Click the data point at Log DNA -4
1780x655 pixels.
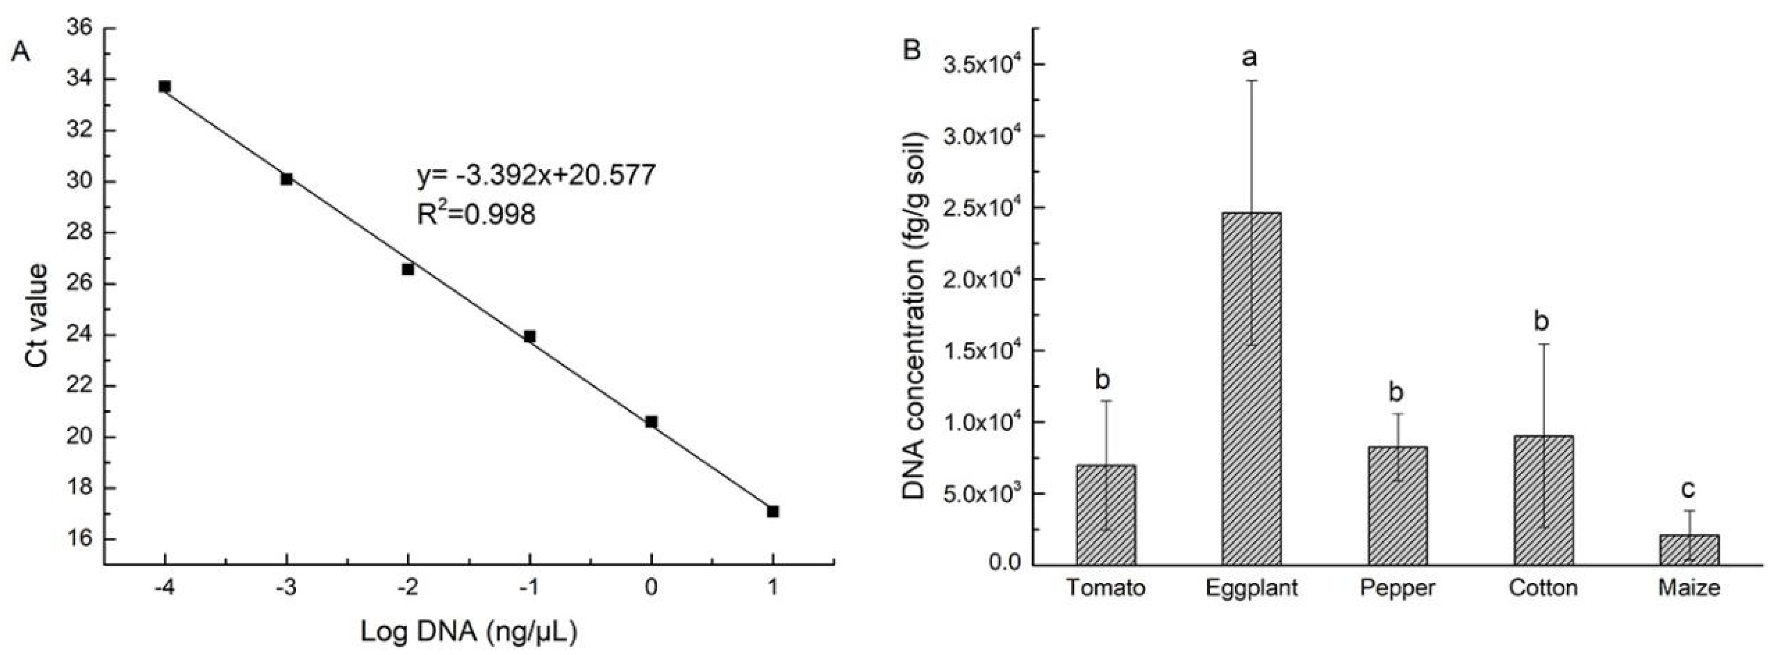click(x=164, y=86)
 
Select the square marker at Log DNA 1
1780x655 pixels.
click(x=773, y=511)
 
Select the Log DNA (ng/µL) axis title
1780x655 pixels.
click(x=468, y=631)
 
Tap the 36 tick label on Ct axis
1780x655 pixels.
click(x=79, y=28)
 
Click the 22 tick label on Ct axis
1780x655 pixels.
click(x=79, y=386)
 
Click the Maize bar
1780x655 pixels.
click(x=1689, y=550)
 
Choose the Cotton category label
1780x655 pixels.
click(x=1543, y=588)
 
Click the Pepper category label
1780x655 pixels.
click(x=1397, y=588)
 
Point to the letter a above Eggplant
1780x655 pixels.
click(x=1249, y=58)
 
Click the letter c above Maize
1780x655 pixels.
click(x=1688, y=489)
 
